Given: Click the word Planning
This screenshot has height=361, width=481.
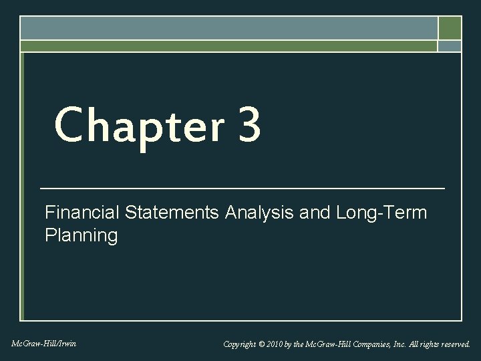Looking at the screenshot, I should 81,235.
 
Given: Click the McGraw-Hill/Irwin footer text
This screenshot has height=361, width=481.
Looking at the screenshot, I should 43,344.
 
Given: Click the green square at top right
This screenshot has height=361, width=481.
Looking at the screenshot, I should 450,27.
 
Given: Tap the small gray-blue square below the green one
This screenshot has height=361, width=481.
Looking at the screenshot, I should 450,46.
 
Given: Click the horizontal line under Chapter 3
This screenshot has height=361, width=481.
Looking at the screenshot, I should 242,189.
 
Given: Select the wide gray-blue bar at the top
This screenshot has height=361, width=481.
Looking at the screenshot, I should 228,27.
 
